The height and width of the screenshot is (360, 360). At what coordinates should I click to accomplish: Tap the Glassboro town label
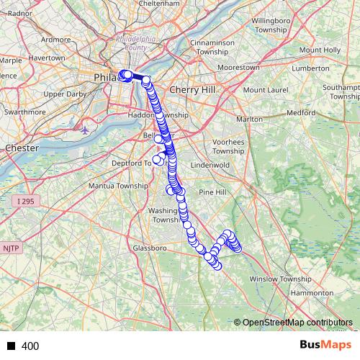pos(150,248)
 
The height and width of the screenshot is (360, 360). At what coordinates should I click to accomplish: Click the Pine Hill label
pos(212,192)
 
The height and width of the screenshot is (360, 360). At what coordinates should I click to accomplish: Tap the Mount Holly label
pos(320,50)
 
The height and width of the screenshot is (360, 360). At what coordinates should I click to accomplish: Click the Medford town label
pos(301,113)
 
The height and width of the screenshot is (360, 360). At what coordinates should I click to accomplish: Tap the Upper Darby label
pos(65,94)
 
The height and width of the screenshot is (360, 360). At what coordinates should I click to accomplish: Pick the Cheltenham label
pos(160,4)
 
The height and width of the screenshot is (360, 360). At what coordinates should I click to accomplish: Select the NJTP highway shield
pos(12,248)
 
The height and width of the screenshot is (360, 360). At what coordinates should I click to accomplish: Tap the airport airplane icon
pos(86,130)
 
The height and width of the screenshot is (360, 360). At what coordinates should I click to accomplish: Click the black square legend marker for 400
pos(11,346)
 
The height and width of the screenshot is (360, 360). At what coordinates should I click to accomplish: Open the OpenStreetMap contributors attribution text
pos(297,323)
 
